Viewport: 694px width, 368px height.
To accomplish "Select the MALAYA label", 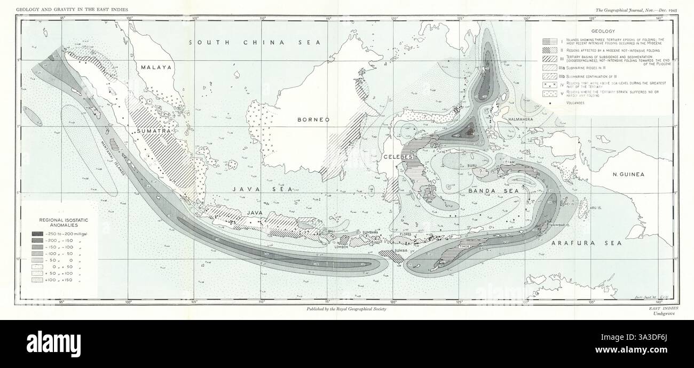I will pos(156,68).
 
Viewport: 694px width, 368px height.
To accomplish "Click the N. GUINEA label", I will pos(629,174).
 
